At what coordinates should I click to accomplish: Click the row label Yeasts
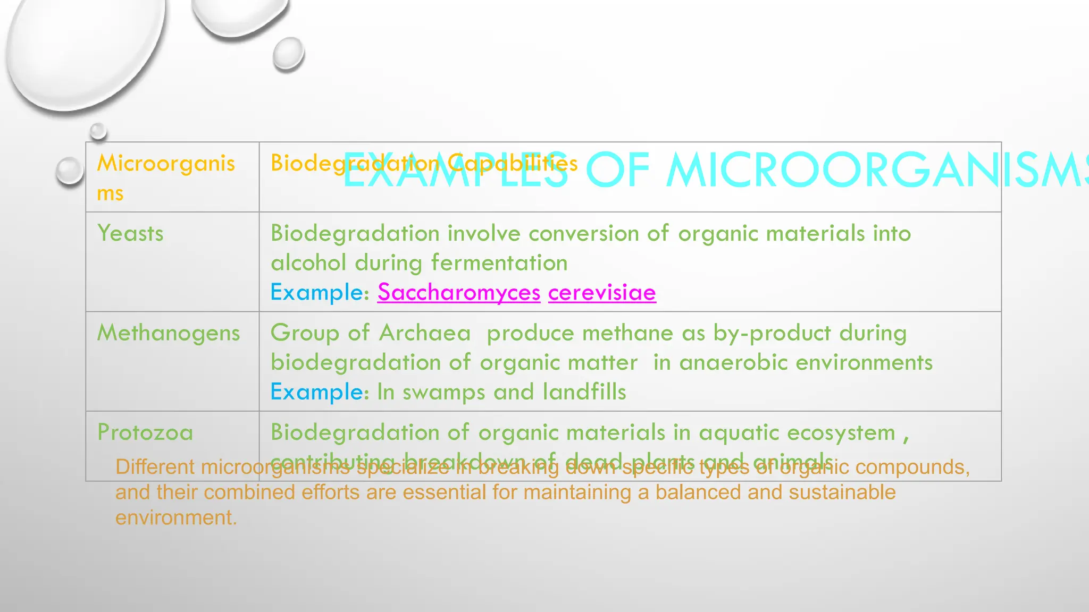[130, 234]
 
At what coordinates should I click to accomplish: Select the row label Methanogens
[169, 334]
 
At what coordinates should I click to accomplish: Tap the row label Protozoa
[145, 432]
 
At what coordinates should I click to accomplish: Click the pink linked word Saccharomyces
[459, 292]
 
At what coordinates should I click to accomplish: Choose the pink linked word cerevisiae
[602, 292]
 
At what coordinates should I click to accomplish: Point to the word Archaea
[425, 334]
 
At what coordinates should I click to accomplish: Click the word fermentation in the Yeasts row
[499, 263]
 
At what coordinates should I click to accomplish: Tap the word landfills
[584, 392]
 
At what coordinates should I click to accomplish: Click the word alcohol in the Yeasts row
[308, 263]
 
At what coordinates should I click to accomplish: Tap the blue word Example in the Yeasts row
[317, 293]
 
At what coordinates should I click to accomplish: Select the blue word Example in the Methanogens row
[317, 393]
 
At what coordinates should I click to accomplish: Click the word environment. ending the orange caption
[176, 518]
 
